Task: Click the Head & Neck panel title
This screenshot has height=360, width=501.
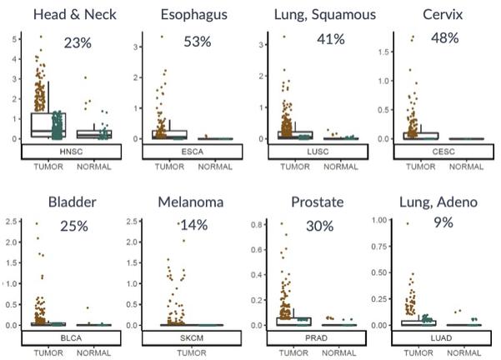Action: click(75, 15)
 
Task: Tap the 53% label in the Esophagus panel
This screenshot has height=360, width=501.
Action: click(198, 42)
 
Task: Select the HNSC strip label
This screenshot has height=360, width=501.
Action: click(71, 152)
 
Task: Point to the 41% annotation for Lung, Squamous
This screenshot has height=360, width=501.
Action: click(331, 39)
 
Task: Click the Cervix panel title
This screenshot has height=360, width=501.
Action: click(443, 15)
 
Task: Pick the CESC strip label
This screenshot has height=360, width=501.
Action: click(443, 152)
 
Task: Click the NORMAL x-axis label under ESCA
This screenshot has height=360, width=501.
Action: click(215, 167)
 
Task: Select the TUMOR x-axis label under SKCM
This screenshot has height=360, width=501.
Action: click(192, 353)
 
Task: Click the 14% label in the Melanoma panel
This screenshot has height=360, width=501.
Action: click(194, 225)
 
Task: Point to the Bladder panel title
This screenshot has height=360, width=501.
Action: click(73, 202)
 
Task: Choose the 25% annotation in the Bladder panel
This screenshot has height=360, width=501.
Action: click(74, 226)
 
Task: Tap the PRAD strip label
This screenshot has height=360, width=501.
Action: click(316, 338)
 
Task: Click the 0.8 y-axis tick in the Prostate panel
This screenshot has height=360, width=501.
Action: click(256, 224)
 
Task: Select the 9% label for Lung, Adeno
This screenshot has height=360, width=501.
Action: click(443, 222)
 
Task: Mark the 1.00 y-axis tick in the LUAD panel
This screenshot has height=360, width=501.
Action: click(379, 220)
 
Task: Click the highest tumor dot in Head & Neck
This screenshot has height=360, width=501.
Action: click(41, 37)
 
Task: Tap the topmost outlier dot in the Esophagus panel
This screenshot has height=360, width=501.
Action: click(162, 37)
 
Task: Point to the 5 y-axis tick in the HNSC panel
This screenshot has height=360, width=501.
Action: click(15, 39)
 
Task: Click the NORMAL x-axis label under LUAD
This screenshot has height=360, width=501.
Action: click(464, 353)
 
